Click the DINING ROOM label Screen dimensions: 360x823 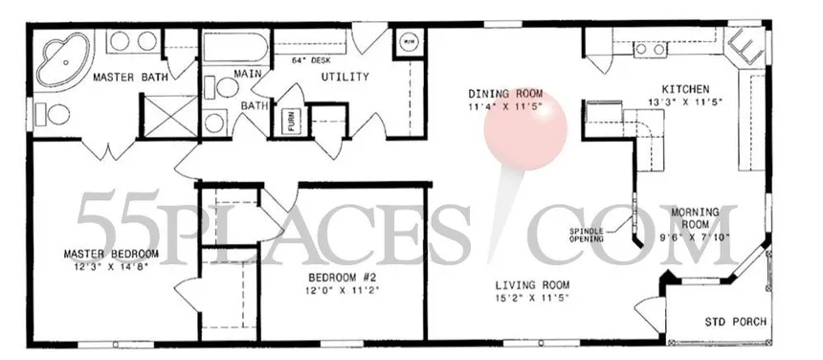point(505,93)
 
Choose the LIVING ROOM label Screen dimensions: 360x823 point(532,284)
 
